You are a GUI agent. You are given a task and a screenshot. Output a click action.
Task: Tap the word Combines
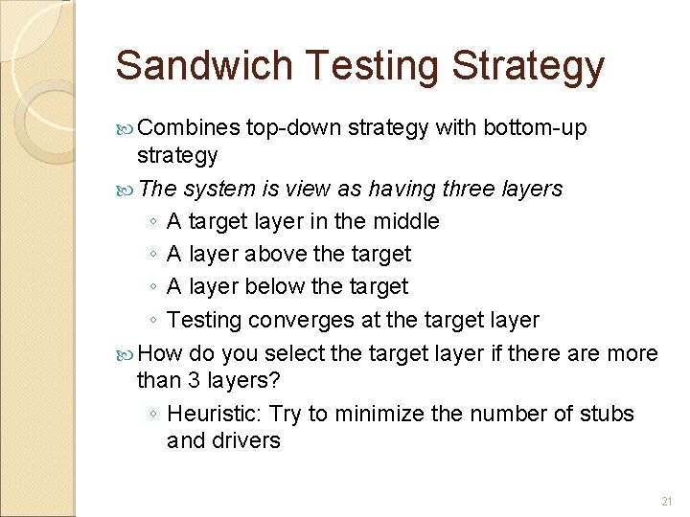point(188,127)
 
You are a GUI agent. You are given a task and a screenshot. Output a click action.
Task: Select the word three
point(469,189)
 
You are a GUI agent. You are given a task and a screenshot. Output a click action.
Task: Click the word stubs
point(607,414)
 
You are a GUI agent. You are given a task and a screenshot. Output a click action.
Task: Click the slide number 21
point(667,502)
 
